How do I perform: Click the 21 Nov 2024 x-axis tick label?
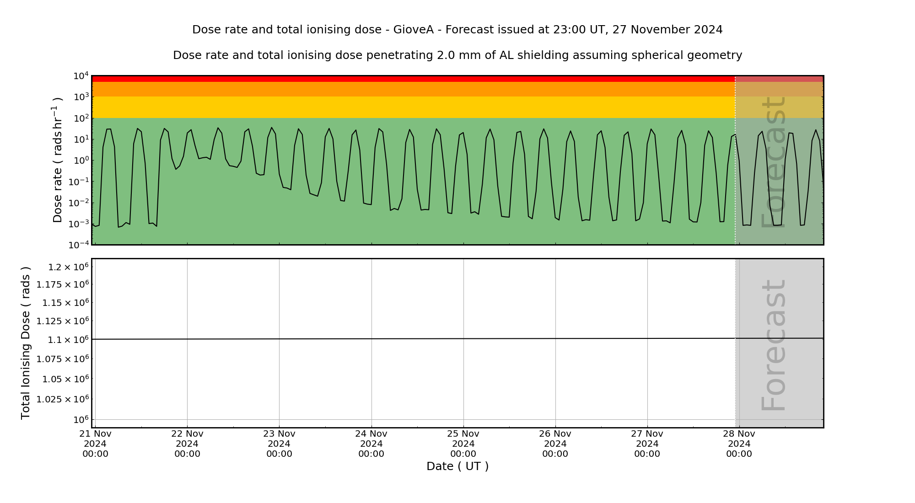pos(95,444)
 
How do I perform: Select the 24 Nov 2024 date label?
pos(371,444)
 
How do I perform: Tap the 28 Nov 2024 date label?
pos(739,444)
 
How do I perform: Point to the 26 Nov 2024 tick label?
pos(555,444)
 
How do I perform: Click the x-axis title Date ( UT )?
pos(457,466)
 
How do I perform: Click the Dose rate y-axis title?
pos(57,160)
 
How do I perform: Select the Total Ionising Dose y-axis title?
pos(26,343)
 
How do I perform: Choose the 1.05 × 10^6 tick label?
pos(65,379)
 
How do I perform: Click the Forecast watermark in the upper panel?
pos(773,162)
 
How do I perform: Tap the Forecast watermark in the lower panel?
pos(773,345)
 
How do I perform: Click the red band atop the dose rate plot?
pos(412,79)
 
